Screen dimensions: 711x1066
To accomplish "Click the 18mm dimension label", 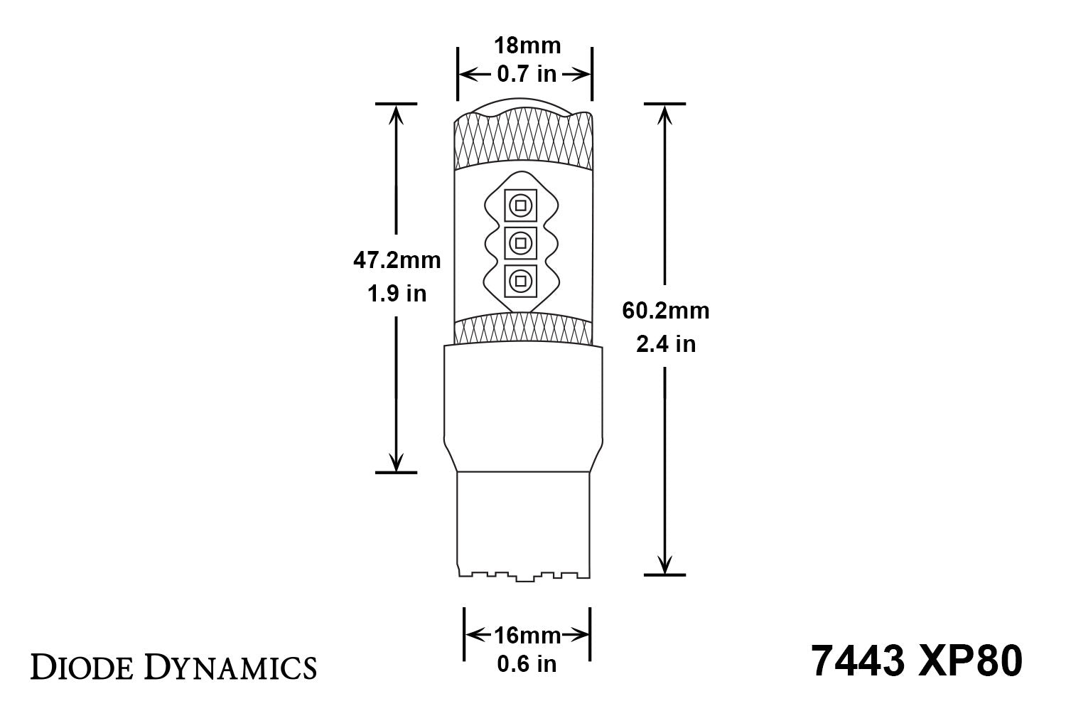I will [527, 46].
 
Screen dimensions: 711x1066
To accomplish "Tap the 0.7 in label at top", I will [527, 74].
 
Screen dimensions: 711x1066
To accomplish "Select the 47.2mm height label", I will [397, 260].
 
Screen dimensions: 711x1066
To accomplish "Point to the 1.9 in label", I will [397, 293].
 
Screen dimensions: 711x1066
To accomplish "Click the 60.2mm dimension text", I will [665, 311].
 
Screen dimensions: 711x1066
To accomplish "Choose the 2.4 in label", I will [665, 344].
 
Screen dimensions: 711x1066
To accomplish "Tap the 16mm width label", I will [527, 635].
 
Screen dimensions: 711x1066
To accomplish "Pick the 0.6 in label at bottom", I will [527, 664].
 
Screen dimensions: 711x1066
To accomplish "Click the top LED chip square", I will [519, 205].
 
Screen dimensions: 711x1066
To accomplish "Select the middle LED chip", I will [519, 244].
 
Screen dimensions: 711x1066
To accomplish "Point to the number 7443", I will [857, 661].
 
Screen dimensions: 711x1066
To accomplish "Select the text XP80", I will [969, 661].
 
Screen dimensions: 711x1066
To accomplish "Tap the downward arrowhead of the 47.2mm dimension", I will [396, 463].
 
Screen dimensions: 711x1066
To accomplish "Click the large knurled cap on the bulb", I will [524, 142].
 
